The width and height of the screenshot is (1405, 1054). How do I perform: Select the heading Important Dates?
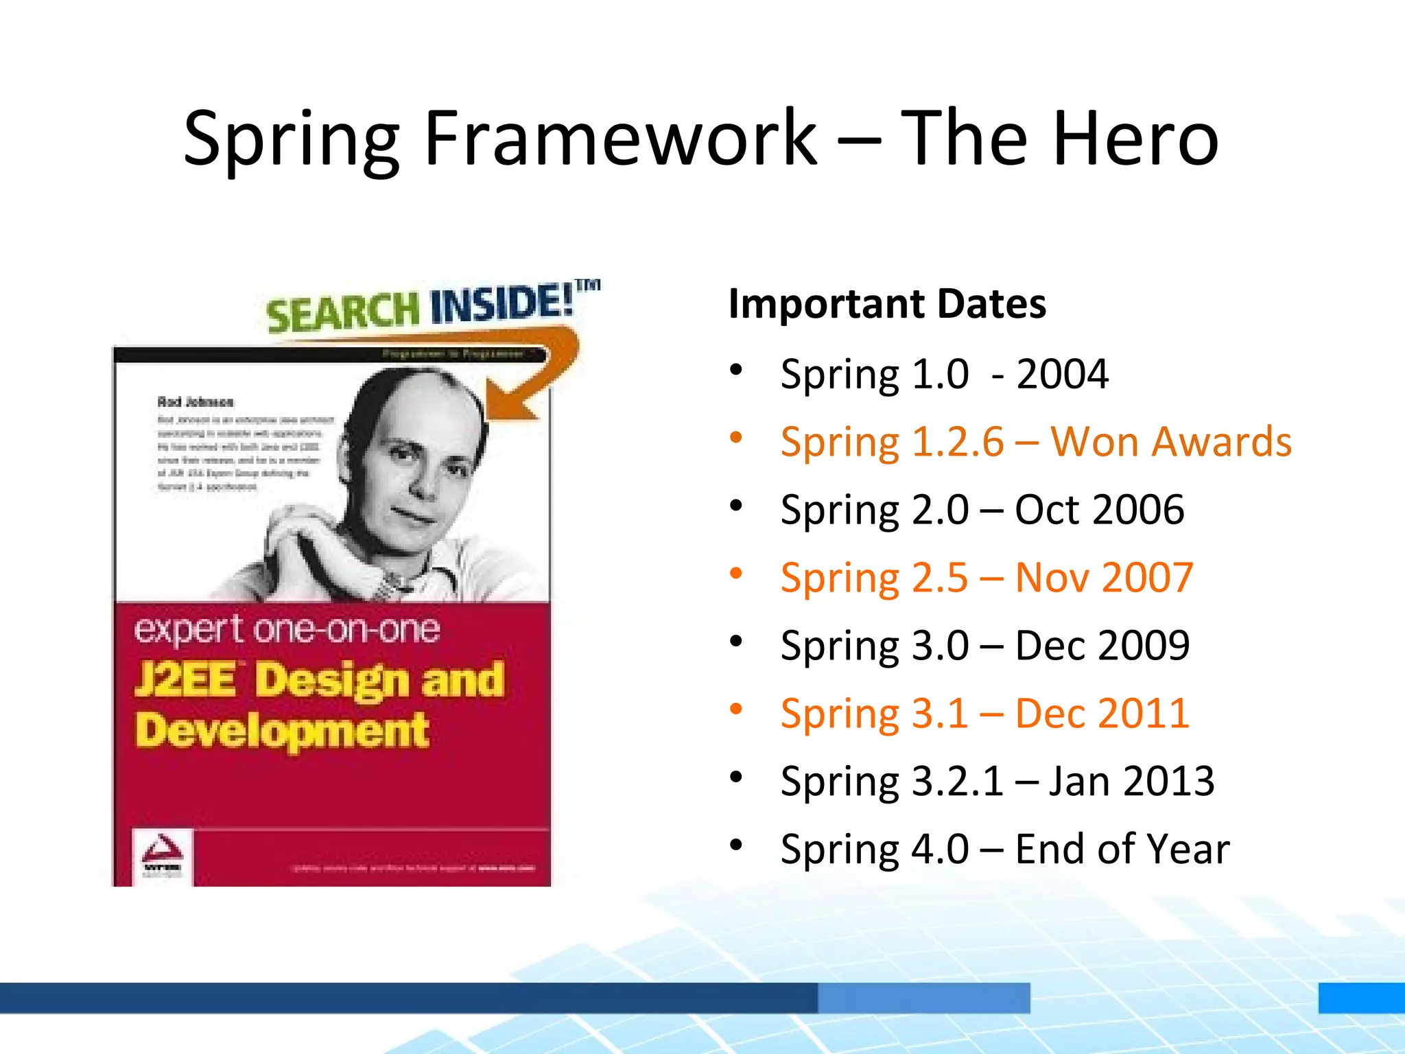(x=887, y=303)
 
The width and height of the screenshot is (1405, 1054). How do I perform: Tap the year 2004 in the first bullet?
(x=1062, y=374)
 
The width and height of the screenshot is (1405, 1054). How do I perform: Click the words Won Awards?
(x=1171, y=441)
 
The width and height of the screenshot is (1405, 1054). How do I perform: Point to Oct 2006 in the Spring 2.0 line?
(x=1099, y=509)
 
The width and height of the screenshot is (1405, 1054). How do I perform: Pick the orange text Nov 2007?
(x=1104, y=577)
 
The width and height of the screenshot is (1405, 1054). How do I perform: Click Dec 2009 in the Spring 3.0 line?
(x=1102, y=645)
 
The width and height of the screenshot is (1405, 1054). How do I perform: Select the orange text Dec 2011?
(x=1102, y=713)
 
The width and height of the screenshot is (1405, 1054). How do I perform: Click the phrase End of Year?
(x=1122, y=849)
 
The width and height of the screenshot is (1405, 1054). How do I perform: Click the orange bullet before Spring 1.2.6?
(x=736, y=437)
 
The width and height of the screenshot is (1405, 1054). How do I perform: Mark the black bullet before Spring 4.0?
(x=736, y=845)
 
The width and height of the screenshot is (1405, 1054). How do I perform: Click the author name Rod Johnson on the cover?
(x=196, y=402)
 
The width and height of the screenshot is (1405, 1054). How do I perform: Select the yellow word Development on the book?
(x=282, y=731)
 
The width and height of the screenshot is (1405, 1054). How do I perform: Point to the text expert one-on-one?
(x=287, y=629)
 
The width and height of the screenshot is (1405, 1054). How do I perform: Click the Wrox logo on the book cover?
(x=163, y=856)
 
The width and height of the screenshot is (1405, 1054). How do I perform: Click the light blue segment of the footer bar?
(x=923, y=998)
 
